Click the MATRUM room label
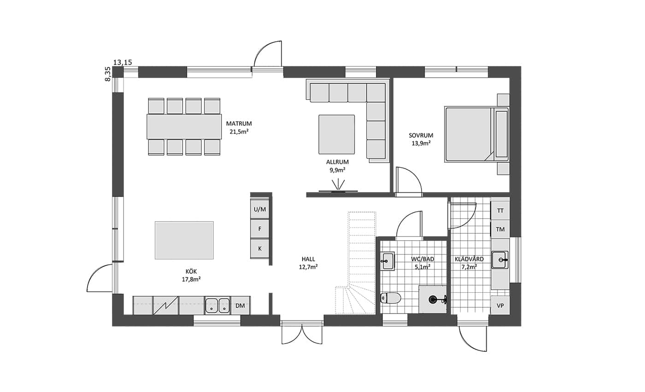pos(239,124)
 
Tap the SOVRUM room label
pos(421,135)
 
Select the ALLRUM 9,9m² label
pos(337,166)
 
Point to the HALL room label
pos(308,259)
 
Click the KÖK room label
pos(191,271)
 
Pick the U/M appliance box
pos(260,209)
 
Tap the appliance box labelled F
pos(260,229)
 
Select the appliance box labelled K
pos(260,249)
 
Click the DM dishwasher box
pos(240,305)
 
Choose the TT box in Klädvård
pos(500,211)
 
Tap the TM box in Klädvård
pos(500,230)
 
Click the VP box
pos(500,305)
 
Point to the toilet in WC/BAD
pos(391,298)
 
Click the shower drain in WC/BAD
pos(433,300)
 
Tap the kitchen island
pos(184,240)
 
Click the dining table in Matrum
pos(184,127)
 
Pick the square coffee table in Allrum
pos(337,135)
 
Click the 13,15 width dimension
pos(123,62)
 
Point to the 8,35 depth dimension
pos(107,74)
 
